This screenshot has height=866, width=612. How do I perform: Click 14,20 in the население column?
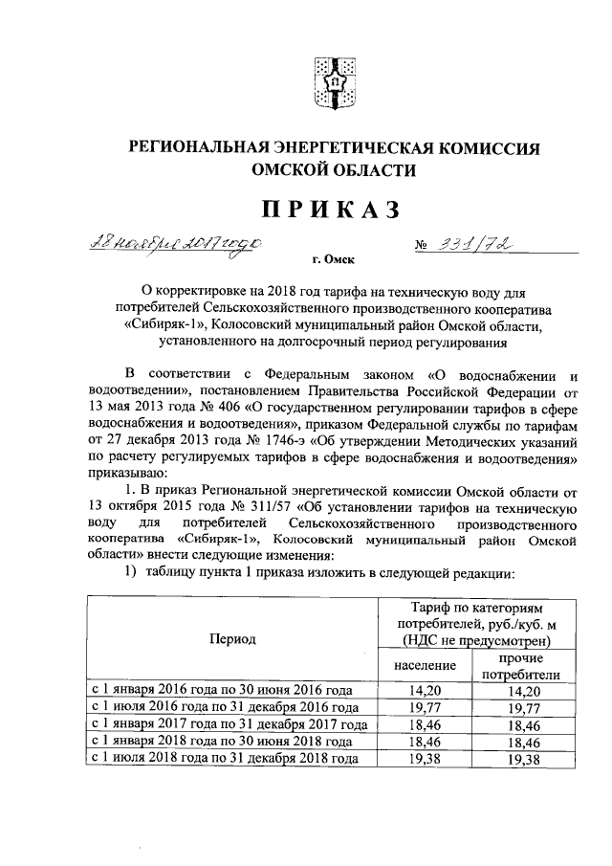tap(422, 691)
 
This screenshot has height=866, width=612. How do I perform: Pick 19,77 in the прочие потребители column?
tap(522, 707)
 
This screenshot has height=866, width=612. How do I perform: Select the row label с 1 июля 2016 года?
tap(225, 707)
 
